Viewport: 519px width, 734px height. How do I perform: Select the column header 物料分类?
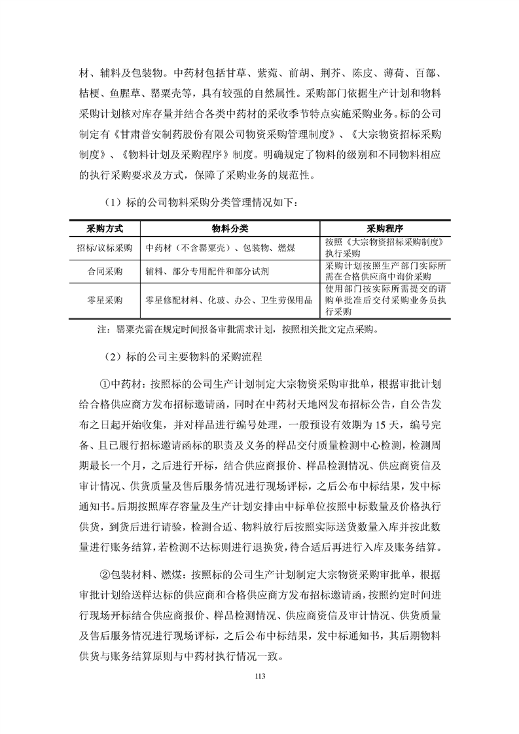(x=230, y=228)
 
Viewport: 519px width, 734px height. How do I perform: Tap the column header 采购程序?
(x=384, y=228)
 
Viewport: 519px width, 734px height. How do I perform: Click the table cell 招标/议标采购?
(x=105, y=248)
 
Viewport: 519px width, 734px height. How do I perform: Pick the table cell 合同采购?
(x=105, y=271)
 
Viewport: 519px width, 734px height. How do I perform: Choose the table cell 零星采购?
(x=105, y=300)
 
